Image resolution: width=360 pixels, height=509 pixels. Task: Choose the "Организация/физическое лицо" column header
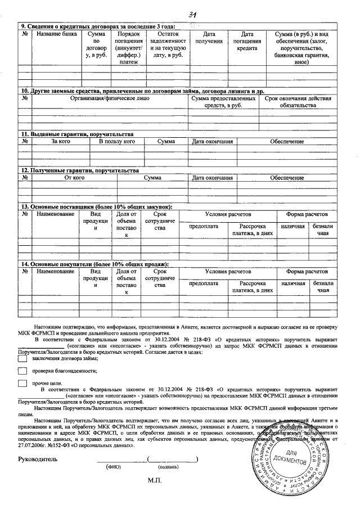(x=109, y=98)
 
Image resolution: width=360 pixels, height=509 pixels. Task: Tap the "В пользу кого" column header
(x=116, y=141)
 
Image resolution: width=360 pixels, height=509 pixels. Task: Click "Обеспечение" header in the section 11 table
(x=286, y=141)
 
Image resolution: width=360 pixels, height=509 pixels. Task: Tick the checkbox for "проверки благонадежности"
(x=22, y=371)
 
